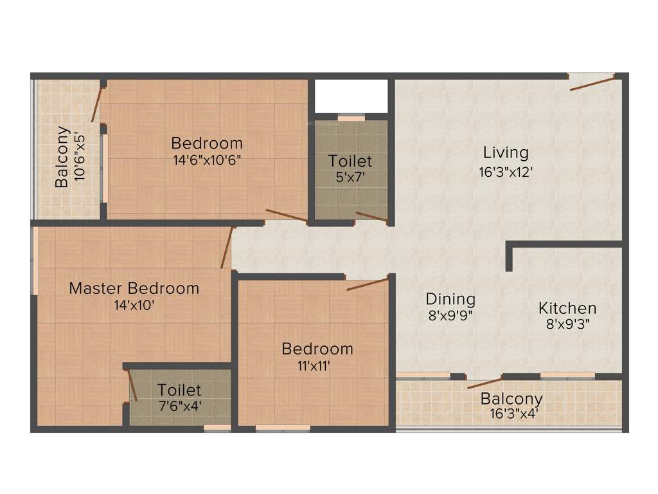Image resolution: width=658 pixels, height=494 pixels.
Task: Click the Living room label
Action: (506, 153)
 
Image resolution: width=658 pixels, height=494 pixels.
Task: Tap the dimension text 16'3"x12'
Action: (506, 172)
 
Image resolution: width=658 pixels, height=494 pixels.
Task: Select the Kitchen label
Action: (567, 308)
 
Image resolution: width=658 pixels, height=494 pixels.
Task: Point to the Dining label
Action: (450, 299)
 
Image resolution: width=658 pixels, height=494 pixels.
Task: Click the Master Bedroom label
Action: (134, 288)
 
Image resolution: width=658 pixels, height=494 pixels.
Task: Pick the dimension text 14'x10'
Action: (134, 306)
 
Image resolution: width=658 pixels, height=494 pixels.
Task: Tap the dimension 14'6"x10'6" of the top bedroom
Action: (207, 160)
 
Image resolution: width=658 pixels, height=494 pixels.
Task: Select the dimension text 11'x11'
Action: (317, 366)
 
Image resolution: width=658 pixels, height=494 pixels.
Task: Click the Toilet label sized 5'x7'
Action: (350, 161)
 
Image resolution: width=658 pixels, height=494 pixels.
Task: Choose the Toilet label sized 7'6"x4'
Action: (179, 390)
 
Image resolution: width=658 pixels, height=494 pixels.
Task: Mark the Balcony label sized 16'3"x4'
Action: (511, 399)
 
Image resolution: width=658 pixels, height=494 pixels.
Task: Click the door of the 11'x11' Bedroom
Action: (367, 284)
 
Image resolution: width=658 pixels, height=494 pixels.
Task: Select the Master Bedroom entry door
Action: (226, 248)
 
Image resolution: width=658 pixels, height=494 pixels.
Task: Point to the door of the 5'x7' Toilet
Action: (371, 217)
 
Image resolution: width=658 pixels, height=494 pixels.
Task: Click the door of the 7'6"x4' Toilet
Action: (132, 386)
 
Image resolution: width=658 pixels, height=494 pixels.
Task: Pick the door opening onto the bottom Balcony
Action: (484, 383)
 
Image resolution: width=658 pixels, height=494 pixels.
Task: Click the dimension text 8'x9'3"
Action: (567, 325)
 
